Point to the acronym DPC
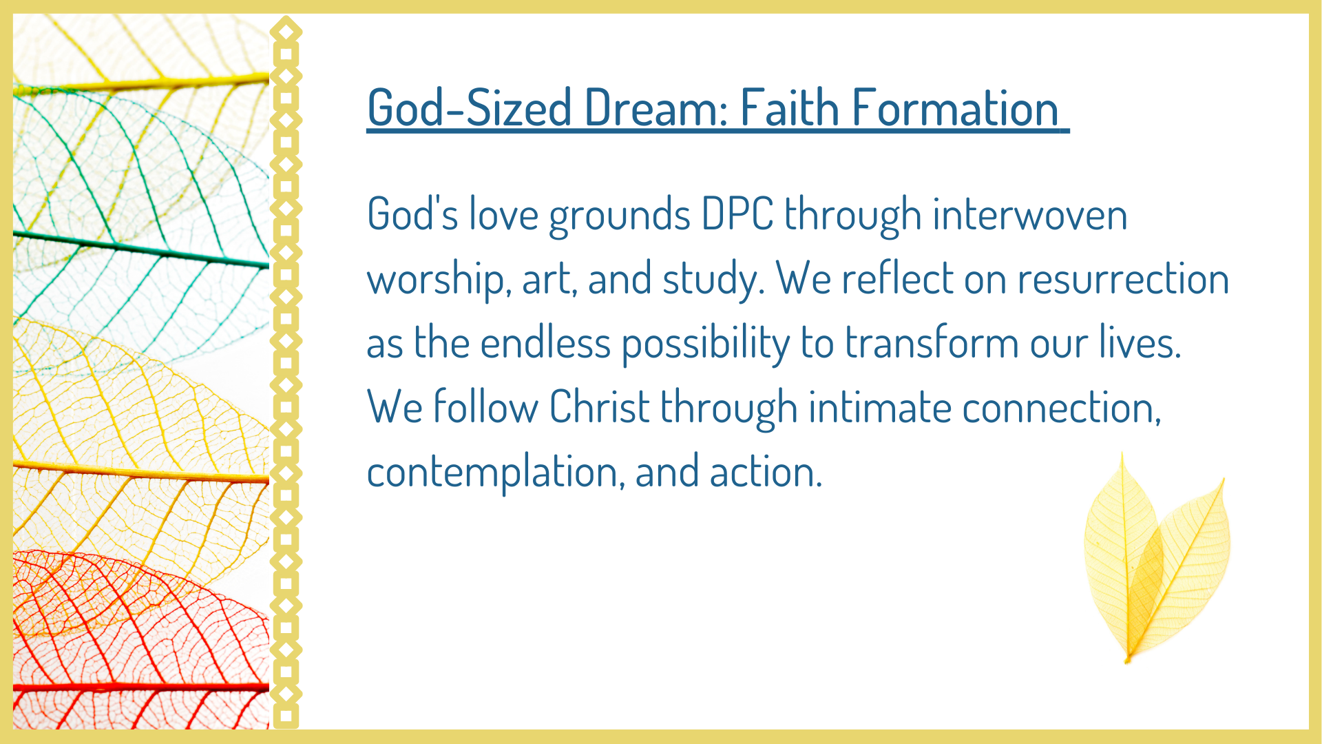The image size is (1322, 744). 737,214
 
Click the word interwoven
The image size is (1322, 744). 1030,214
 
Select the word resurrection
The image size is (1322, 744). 1123,278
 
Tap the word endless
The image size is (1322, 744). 545,342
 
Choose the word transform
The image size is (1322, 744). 932,342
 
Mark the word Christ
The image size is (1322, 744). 599,406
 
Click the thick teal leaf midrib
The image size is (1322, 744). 141,249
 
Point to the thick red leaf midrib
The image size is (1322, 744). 141,687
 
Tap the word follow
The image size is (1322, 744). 485,406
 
